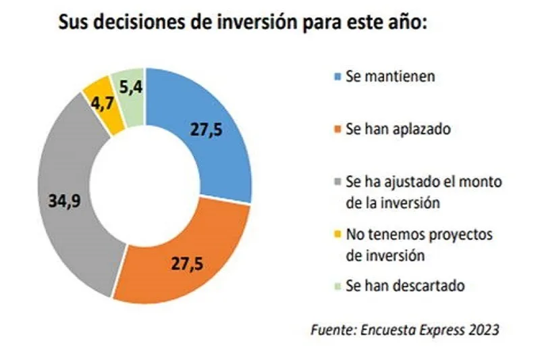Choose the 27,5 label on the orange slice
[x=186, y=263]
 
